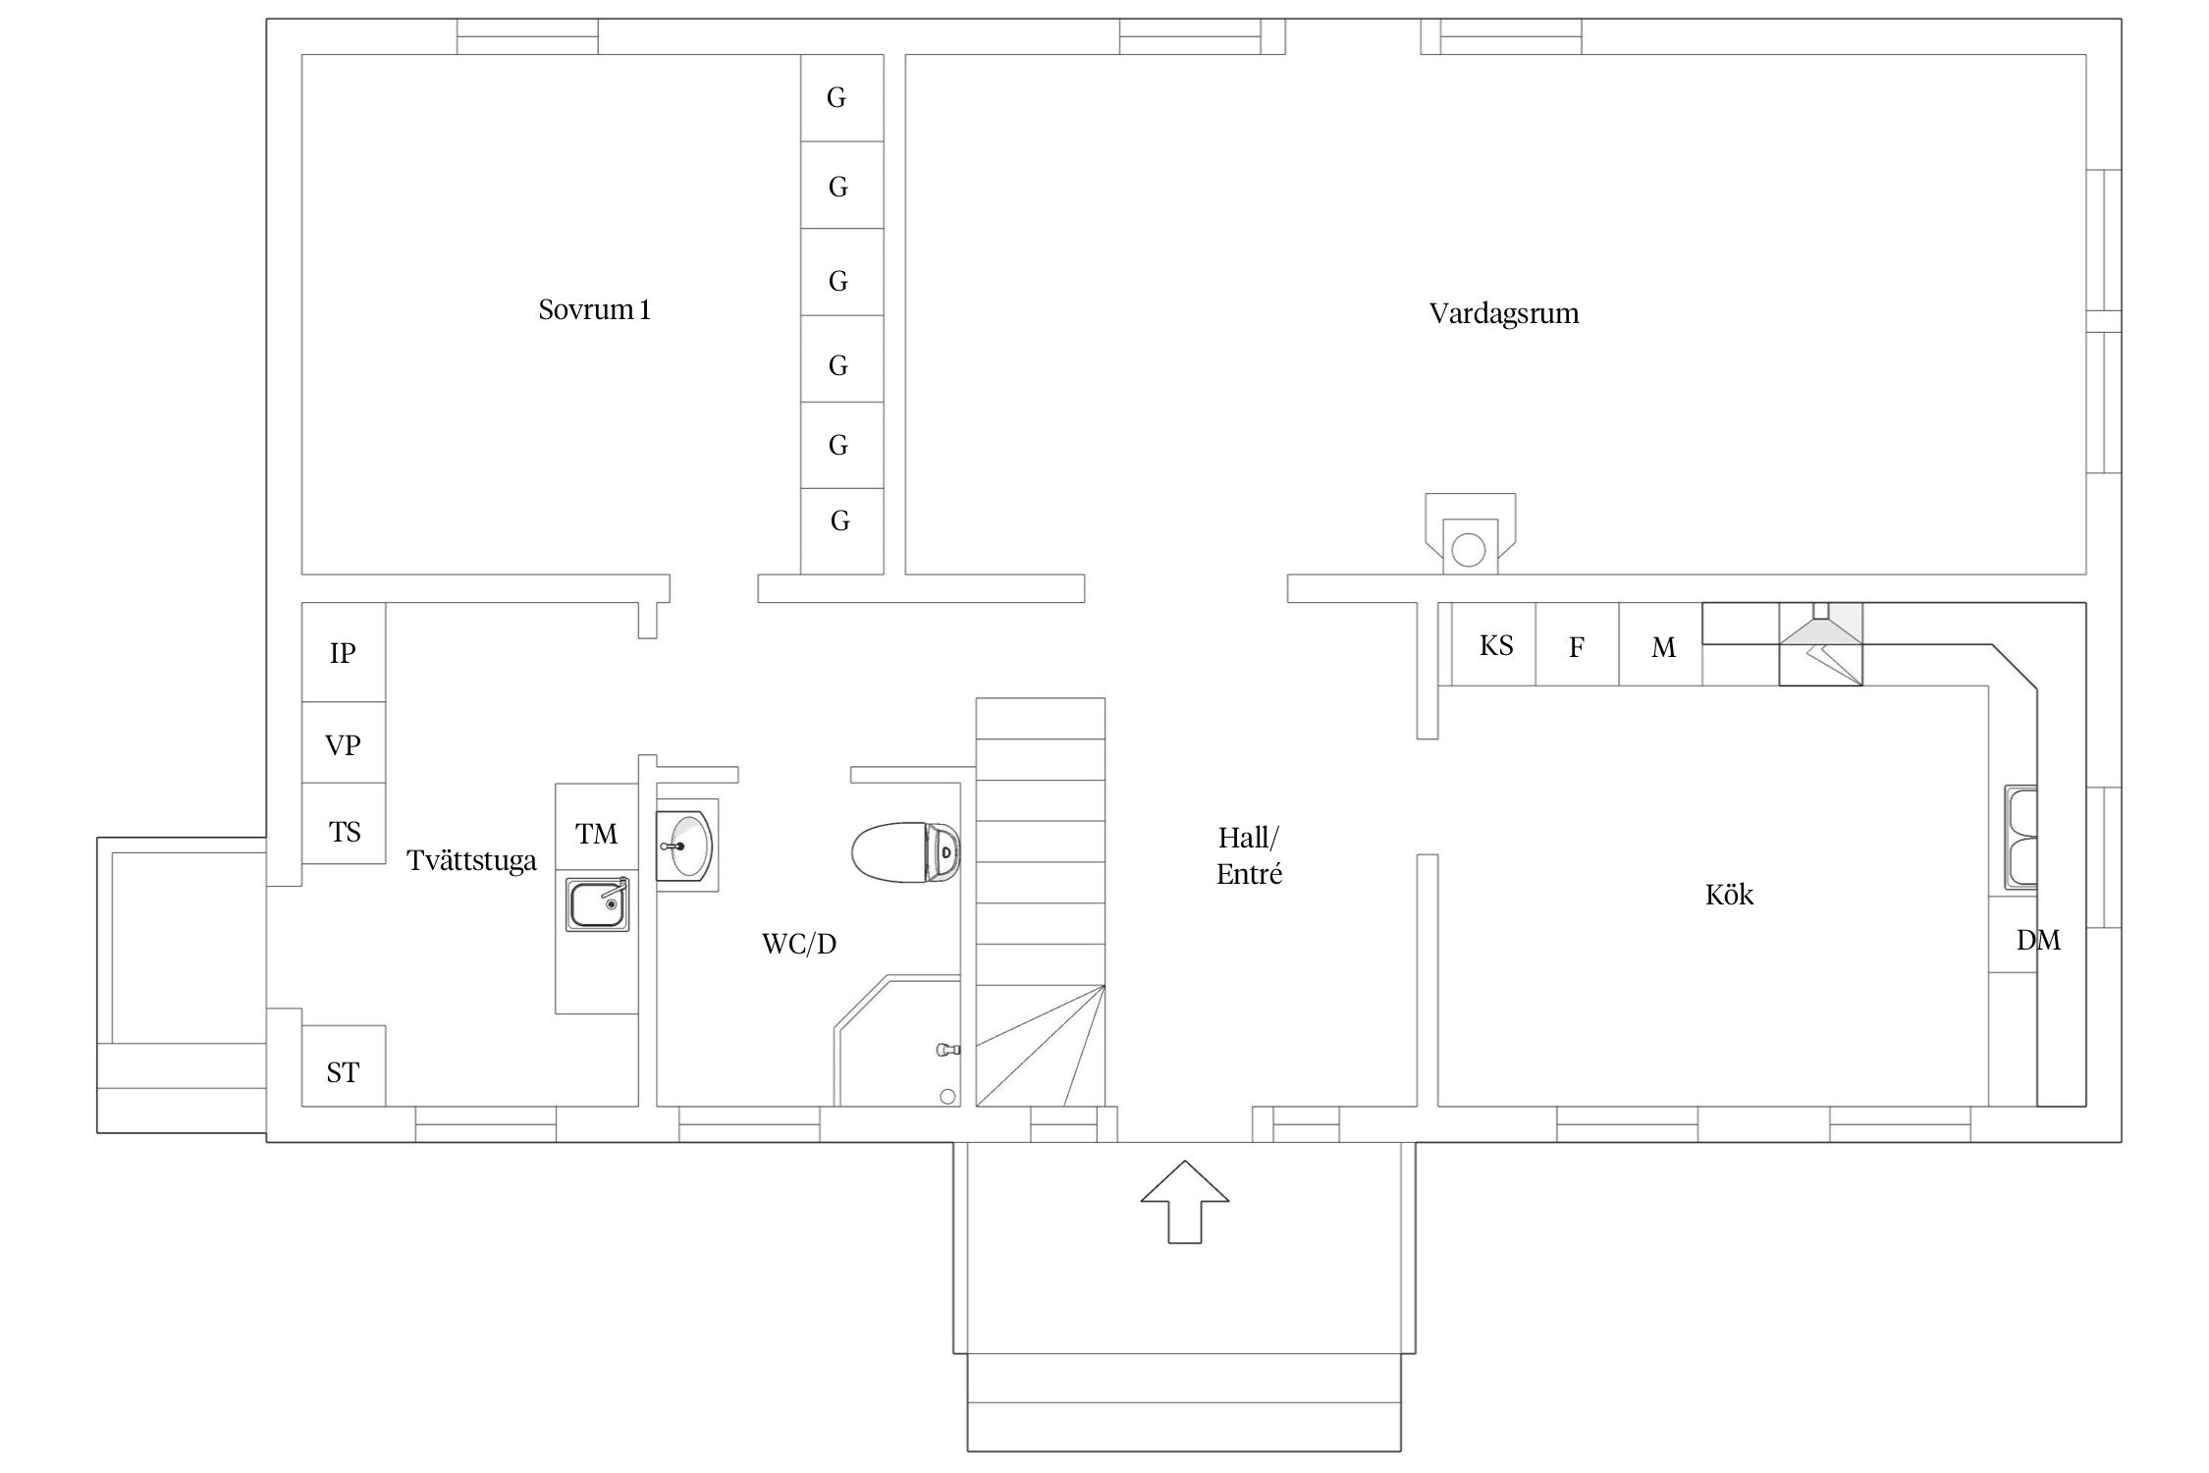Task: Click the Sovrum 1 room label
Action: [x=594, y=310]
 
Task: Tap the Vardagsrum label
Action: [x=1504, y=314]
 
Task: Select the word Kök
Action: [x=1729, y=895]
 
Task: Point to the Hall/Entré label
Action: [x=1249, y=855]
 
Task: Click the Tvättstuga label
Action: [x=472, y=861]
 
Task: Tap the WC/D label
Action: [x=799, y=944]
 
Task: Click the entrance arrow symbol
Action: [x=1185, y=1201]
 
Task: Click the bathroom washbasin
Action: [x=686, y=845]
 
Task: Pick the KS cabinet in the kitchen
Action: [x=1495, y=645]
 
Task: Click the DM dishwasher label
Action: [x=2038, y=941]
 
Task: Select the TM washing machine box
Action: [x=597, y=827]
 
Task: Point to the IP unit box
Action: [x=343, y=652]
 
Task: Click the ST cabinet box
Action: [x=343, y=1065]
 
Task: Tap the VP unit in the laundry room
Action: [x=343, y=742]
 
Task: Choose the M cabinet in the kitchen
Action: [x=1661, y=645]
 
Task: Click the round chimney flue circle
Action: [x=1468, y=550]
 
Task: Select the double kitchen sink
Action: [x=2021, y=838]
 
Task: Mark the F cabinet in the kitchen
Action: [x=1578, y=645]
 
